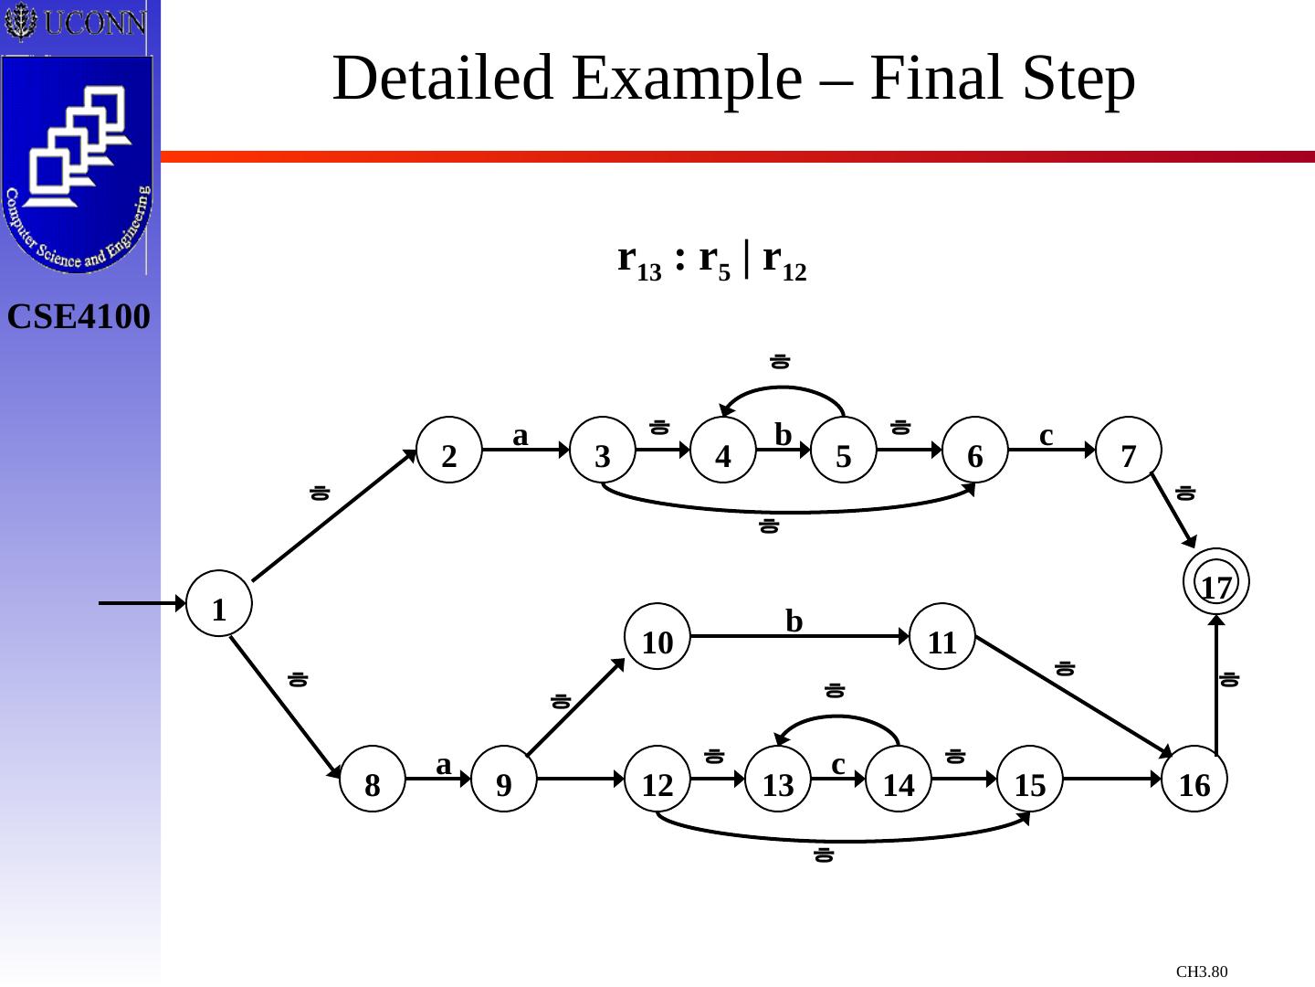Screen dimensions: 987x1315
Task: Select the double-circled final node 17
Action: [x=1215, y=581]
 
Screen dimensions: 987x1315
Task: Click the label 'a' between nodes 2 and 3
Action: [x=521, y=435]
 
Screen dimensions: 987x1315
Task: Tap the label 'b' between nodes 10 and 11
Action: [x=794, y=621]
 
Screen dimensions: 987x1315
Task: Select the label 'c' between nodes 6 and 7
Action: [x=1047, y=435]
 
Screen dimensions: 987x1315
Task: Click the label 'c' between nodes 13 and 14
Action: [x=838, y=763]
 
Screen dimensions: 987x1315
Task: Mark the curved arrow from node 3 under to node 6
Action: [x=785, y=510]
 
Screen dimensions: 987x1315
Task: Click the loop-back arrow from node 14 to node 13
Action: [x=840, y=718]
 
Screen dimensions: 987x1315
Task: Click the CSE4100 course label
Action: [x=79, y=317]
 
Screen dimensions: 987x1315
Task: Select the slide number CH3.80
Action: [x=1202, y=971]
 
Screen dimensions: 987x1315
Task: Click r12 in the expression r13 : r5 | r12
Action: [x=784, y=261]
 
